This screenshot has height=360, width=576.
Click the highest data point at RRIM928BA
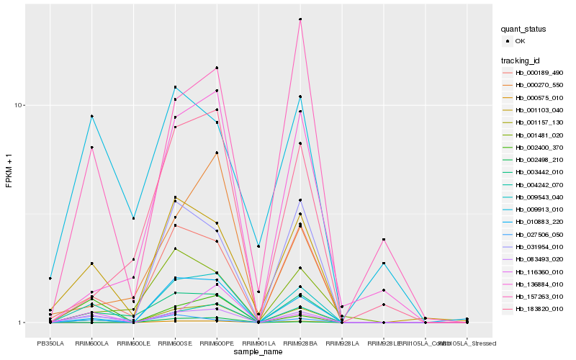[x=300, y=19]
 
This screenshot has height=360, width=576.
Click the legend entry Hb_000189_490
[x=539, y=73]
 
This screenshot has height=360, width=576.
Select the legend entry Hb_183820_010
[x=539, y=309]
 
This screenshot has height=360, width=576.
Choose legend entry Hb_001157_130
[x=539, y=122]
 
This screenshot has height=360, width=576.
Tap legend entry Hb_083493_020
[x=539, y=259]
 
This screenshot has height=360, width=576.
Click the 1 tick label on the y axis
[x=22, y=323]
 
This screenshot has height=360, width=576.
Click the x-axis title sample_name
[x=258, y=352]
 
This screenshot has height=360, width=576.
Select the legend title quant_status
[x=524, y=30]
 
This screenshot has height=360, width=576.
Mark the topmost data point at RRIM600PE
[x=217, y=68]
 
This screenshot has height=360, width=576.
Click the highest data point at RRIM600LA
[x=92, y=116]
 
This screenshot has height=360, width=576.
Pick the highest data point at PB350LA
[x=50, y=278]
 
